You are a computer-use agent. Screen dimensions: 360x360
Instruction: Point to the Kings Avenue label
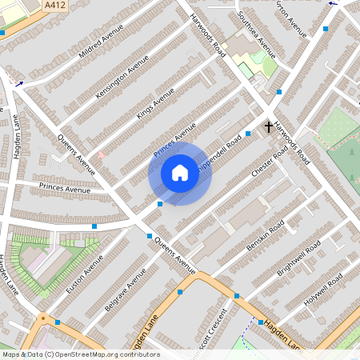155,102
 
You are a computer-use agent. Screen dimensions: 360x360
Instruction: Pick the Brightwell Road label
298,257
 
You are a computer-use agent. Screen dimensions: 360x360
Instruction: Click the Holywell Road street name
323,287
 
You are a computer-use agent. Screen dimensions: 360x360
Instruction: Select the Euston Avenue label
85,274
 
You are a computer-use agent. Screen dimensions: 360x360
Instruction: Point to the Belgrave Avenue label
126,290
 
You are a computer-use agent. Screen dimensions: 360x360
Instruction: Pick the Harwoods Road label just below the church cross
290,142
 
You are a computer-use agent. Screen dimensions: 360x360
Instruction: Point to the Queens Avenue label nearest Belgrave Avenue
175,254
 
